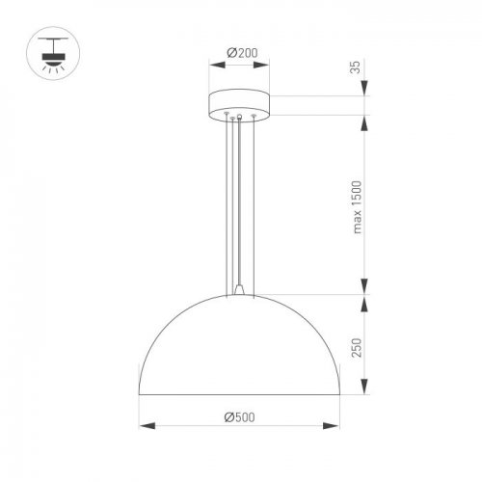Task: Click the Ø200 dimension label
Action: point(241,53)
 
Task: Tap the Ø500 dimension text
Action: point(241,417)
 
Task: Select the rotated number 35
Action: point(355,67)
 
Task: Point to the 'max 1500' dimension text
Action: point(355,207)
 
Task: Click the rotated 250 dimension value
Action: point(355,349)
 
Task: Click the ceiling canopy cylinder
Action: point(240,104)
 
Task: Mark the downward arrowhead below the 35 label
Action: point(365,91)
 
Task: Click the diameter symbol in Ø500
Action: point(228,417)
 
